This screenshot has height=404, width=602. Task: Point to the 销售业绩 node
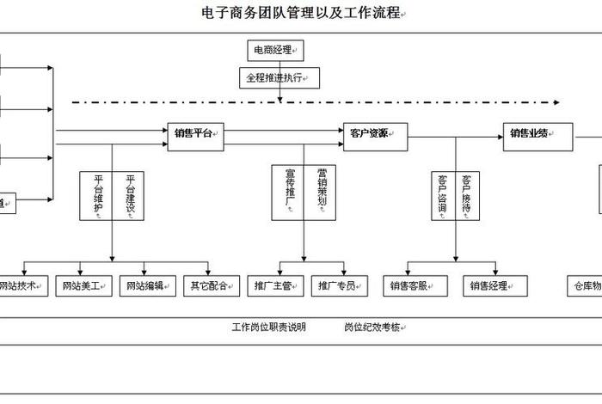point(537,133)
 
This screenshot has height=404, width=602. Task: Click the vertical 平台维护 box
point(97,196)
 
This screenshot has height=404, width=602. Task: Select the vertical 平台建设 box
point(129,196)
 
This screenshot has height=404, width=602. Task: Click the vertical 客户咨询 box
point(442,195)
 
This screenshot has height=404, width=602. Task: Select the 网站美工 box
point(83,285)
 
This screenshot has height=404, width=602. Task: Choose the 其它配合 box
point(211,285)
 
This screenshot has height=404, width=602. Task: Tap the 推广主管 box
point(275,285)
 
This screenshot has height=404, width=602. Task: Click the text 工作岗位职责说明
point(268,327)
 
